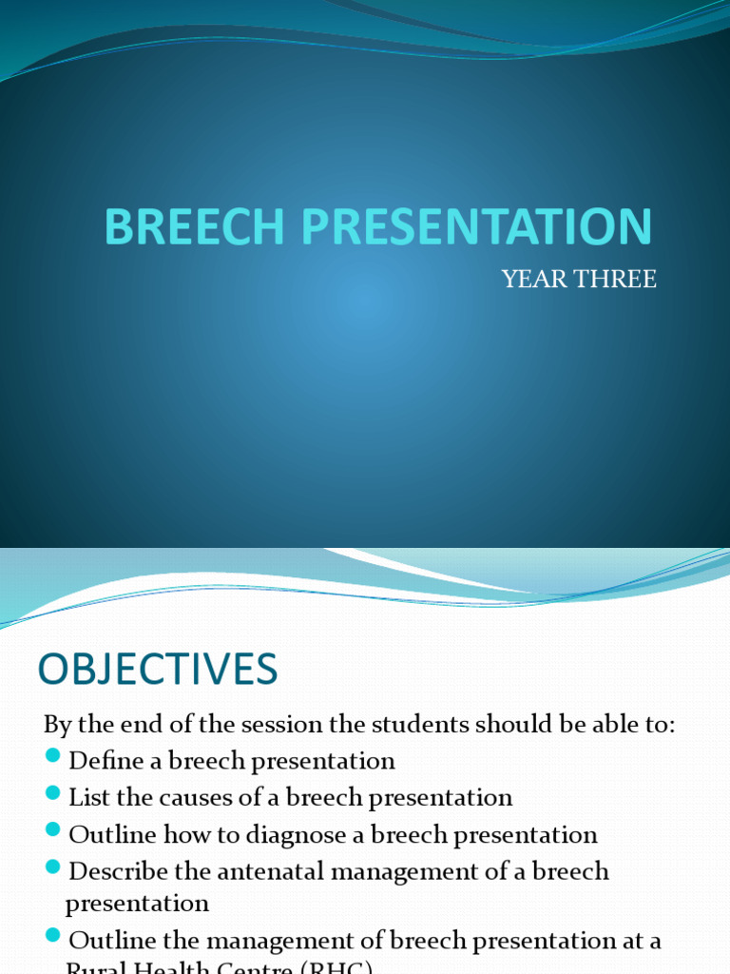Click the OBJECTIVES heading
point(158,671)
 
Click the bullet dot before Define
point(53,758)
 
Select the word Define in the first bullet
point(103,761)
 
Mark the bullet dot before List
point(53,794)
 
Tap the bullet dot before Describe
point(53,868)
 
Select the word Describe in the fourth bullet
point(118,871)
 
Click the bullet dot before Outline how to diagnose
point(53,832)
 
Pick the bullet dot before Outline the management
point(53,938)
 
